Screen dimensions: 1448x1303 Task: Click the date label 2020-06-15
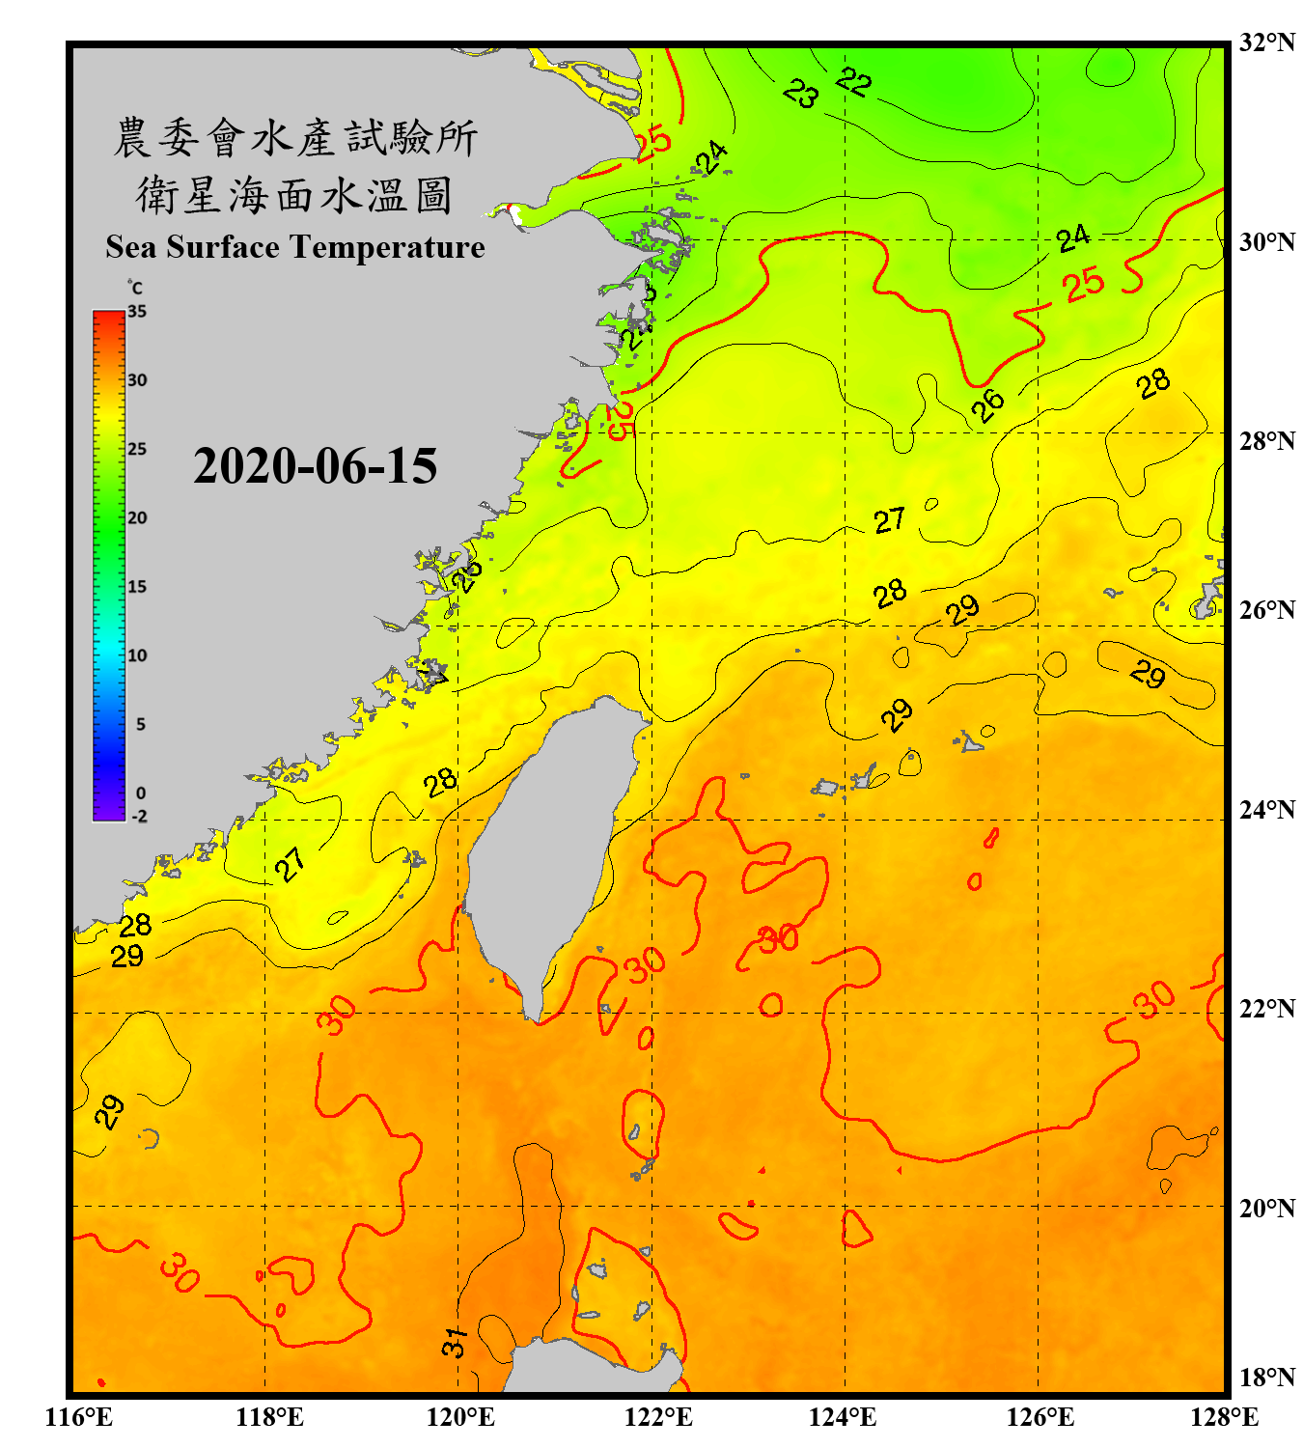[315, 466]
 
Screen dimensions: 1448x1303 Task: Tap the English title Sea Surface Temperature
[295, 247]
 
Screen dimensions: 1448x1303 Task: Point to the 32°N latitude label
[1266, 42]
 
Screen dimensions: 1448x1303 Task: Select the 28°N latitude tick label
[1266, 441]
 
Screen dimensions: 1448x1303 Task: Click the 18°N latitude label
[1266, 1378]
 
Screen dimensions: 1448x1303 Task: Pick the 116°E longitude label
[78, 1417]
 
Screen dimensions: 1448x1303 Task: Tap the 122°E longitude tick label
[658, 1417]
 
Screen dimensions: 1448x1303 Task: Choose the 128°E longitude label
[1224, 1417]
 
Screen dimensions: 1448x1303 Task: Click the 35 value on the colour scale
[137, 311]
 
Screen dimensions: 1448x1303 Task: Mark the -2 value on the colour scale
[139, 817]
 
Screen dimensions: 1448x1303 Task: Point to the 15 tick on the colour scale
[137, 587]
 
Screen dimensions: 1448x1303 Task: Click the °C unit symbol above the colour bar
[135, 288]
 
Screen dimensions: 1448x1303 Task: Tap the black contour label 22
[854, 82]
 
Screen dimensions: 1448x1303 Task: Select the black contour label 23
[801, 94]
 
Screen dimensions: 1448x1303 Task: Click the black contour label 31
[455, 1342]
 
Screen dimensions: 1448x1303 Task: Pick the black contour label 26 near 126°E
[987, 405]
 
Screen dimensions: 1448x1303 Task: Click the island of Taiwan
[550, 849]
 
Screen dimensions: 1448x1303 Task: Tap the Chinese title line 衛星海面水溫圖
[294, 196]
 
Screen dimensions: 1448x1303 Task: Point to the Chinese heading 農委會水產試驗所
[295, 138]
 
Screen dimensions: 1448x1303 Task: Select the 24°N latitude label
[1266, 809]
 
